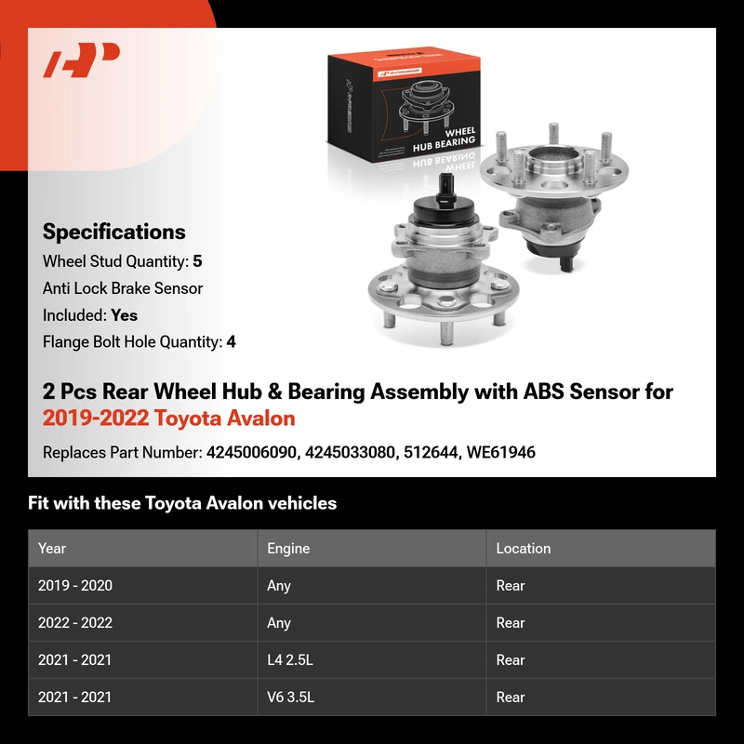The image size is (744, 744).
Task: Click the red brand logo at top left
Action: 81,60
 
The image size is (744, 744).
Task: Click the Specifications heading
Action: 113,232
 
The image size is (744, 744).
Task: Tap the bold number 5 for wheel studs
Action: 197,261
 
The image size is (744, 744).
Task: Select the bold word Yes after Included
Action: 125,315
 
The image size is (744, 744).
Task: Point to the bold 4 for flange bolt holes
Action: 231,342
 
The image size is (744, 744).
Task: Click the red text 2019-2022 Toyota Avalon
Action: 169,418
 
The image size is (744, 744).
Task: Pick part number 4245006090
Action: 252,453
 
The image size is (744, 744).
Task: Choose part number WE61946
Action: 501,453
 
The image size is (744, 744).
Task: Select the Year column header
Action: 52,549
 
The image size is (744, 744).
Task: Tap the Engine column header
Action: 288,549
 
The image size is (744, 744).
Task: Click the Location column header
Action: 524,549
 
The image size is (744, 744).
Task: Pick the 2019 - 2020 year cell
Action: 75,586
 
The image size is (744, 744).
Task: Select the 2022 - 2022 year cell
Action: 75,622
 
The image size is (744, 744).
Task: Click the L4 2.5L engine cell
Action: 290,660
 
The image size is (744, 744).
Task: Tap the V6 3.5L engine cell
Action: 290,697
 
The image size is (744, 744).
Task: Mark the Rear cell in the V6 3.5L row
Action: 511,697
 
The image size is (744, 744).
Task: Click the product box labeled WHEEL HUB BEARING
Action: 404,104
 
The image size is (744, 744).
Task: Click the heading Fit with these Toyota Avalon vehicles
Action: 182,503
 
